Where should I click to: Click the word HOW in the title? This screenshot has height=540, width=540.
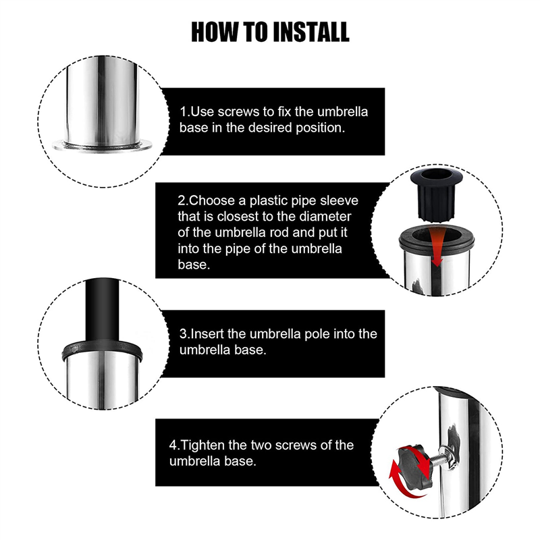point(215,32)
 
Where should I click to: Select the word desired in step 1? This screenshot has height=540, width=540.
point(271,128)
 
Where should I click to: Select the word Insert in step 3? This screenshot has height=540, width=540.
point(207,334)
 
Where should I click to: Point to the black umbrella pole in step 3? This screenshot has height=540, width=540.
point(103,310)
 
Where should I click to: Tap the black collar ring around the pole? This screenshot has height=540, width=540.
point(102,350)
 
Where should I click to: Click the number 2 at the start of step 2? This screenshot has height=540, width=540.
point(181,200)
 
